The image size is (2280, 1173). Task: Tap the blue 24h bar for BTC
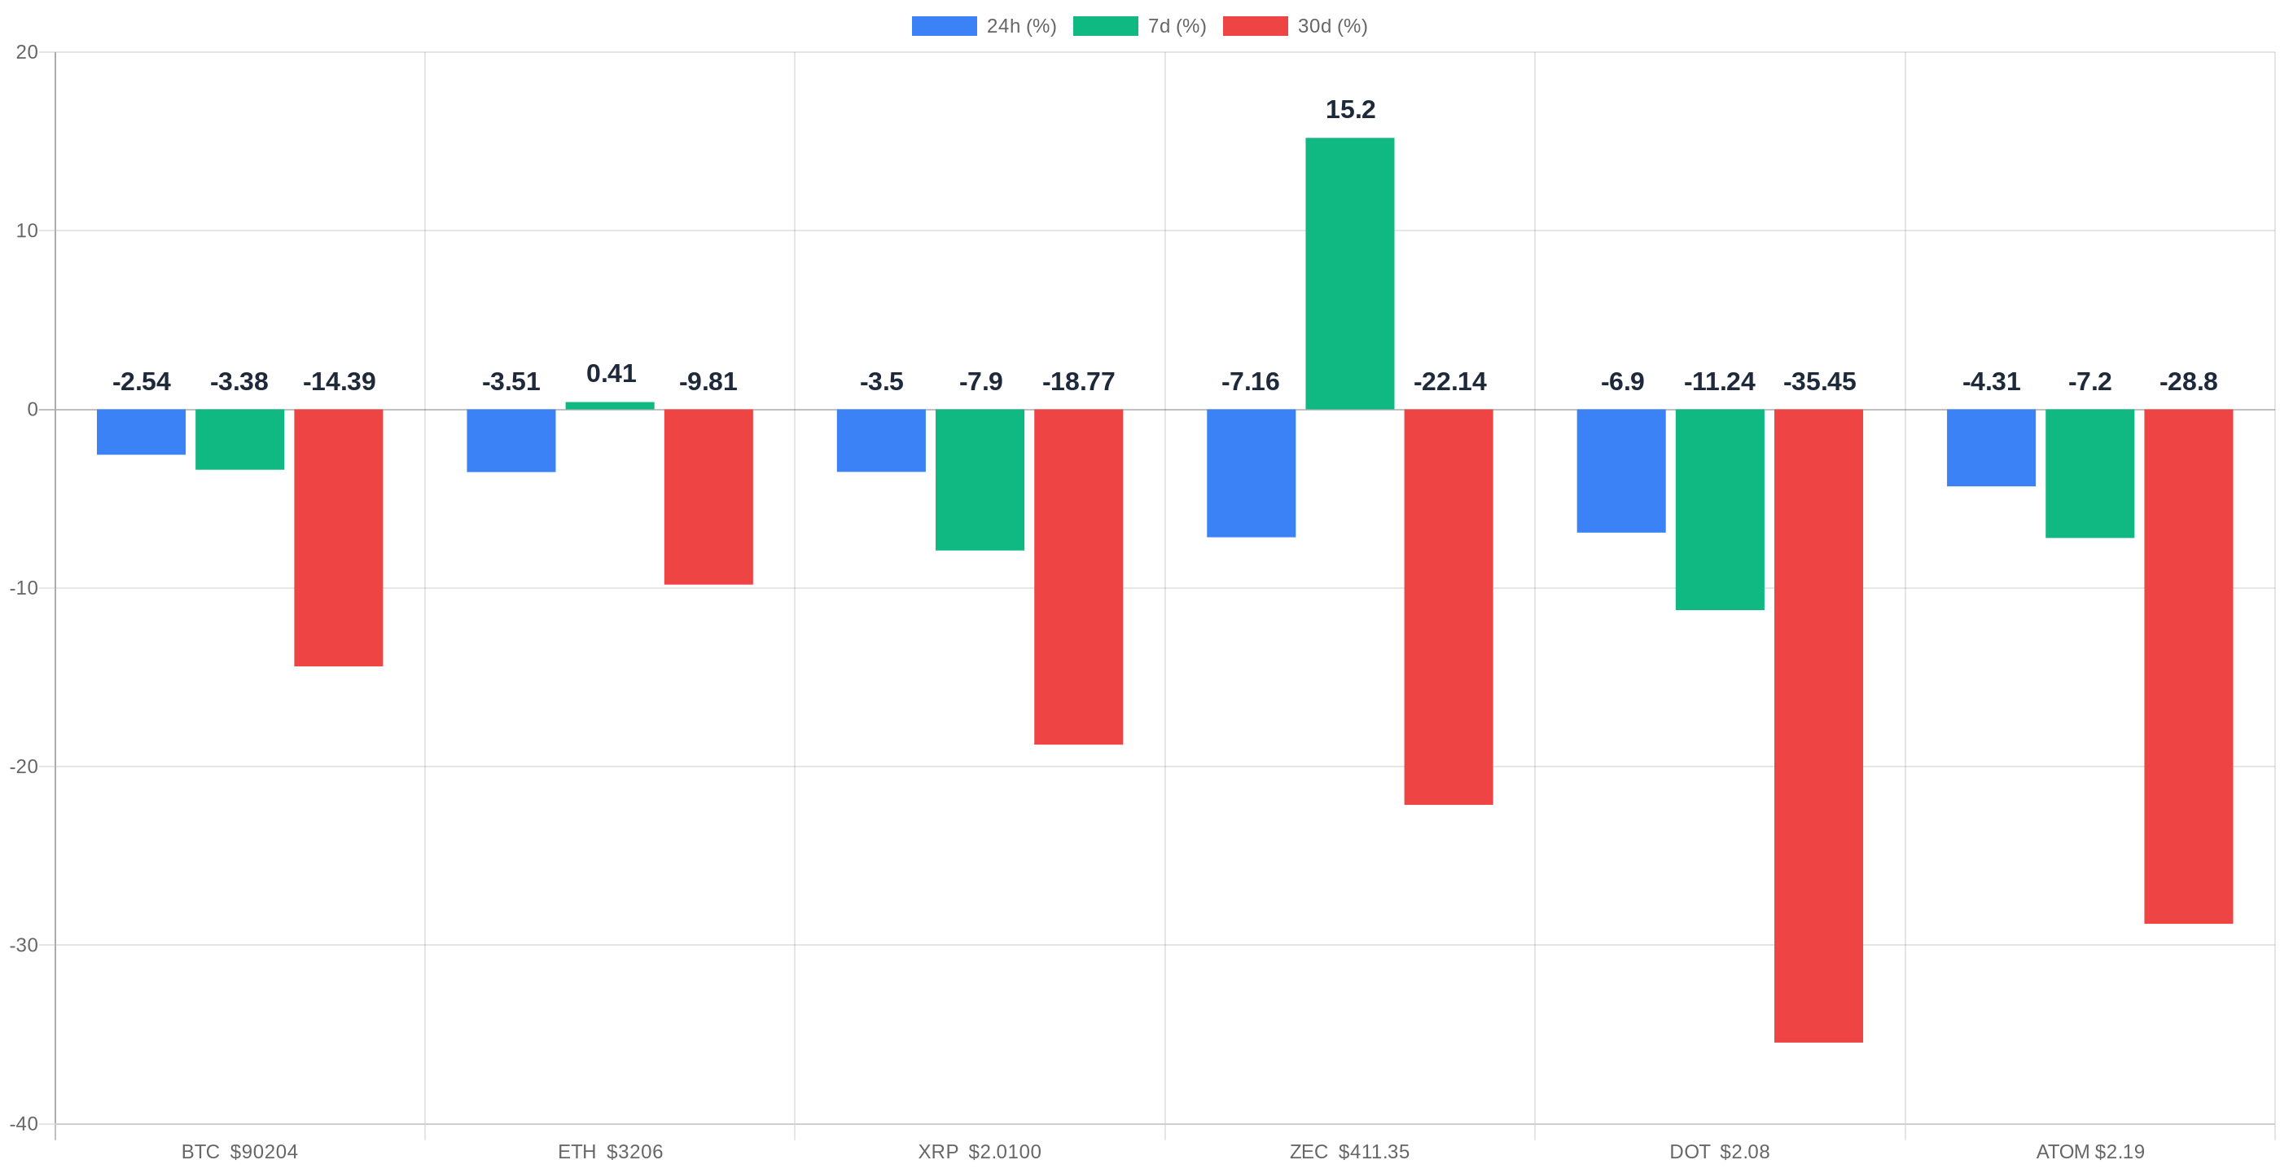pos(141,432)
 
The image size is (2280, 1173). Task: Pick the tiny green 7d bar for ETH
pos(610,406)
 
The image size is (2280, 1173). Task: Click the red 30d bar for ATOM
pos(2188,666)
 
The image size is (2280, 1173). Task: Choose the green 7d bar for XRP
pos(979,479)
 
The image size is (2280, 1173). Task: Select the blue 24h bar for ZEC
pos(1251,472)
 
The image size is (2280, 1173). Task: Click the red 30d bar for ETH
pos(708,496)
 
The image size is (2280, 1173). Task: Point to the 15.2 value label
pos(1350,110)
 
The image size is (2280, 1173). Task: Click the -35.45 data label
pos(1819,381)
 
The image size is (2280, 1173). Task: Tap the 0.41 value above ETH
pos(611,374)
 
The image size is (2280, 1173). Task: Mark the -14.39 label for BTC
pos(339,381)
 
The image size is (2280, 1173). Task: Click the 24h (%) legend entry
pos(984,27)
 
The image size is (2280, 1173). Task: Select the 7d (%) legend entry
pos(1139,27)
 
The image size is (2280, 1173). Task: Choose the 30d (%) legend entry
pos(1295,27)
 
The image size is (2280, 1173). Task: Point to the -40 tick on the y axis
pos(24,1123)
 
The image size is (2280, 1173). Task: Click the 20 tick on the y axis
pos(27,52)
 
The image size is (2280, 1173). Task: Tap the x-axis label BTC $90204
pos(239,1152)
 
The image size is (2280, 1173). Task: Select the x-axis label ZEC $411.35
pos(1349,1152)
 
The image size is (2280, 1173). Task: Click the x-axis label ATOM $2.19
pos(2089,1152)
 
